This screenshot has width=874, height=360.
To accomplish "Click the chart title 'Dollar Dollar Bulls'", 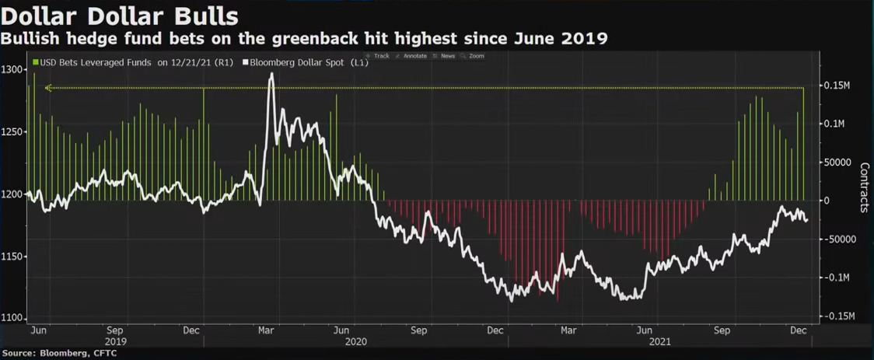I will (120, 16).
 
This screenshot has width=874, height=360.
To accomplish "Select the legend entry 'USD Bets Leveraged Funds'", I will (94, 62).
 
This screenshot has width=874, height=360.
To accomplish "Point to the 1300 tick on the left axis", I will (13, 70).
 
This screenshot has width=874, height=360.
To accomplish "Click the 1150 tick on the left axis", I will (13, 257).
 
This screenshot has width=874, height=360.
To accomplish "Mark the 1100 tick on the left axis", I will (13, 319).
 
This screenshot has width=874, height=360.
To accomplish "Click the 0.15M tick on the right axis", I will (837, 85).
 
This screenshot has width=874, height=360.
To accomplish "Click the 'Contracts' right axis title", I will (864, 187).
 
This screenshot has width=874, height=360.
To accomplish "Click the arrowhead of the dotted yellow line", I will (47, 88).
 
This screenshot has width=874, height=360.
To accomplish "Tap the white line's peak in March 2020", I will (271, 75).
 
